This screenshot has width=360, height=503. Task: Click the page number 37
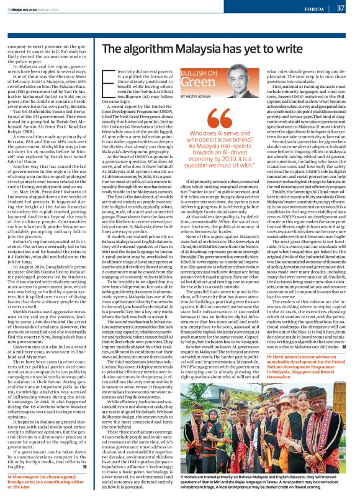point(340,8)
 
